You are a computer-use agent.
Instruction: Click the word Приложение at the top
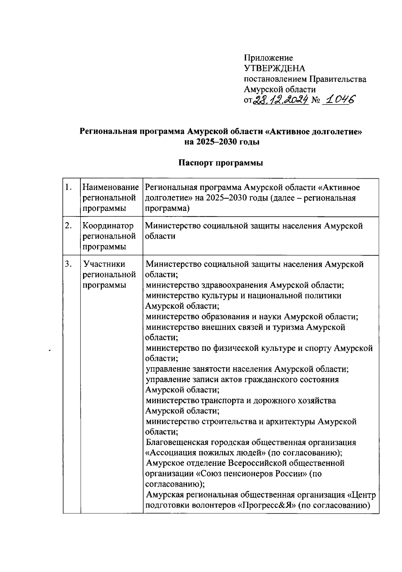click(x=268, y=58)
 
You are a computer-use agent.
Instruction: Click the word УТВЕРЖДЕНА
click(x=274, y=69)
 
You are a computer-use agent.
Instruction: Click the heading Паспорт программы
click(x=220, y=163)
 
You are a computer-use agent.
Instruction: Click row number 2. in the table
click(x=69, y=226)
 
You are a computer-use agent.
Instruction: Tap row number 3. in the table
click(x=69, y=264)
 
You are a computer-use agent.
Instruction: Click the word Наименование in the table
click(x=111, y=187)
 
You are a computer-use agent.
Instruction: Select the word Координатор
click(x=108, y=226)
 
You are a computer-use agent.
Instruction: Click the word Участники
click(x=105, y=264)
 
